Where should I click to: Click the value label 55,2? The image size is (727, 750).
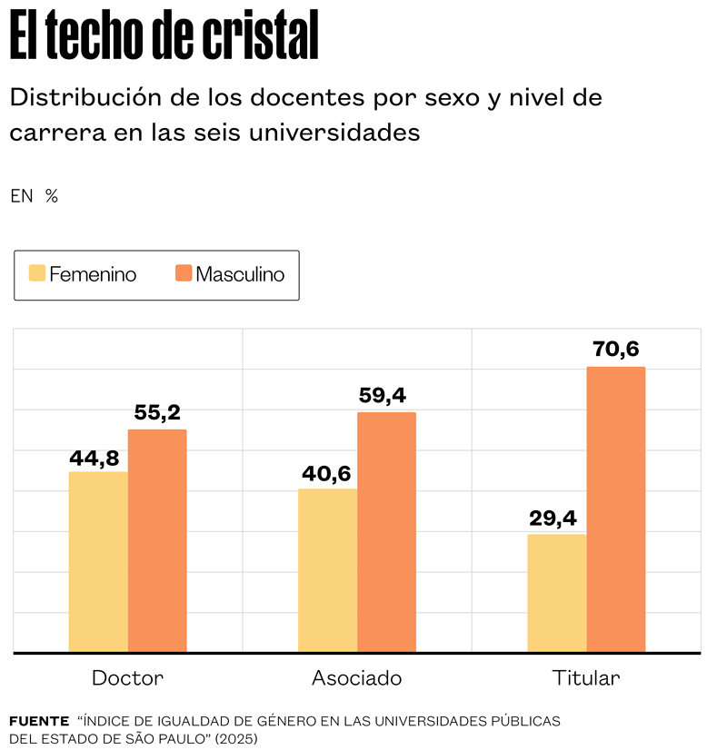[x=158, y=413]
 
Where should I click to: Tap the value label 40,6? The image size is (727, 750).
[x=324, y=474]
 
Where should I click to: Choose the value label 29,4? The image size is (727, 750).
[x=553, y=518]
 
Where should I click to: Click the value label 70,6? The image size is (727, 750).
[x=616, y=350]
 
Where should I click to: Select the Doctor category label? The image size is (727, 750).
[x=127, y=678]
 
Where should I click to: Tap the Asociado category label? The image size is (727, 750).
[x=356, y=678]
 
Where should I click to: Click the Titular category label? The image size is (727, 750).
[x=585, y=678]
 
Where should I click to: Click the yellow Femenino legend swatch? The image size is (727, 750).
[x=37, y=274]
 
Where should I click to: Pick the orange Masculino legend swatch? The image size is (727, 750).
[x=184, y=274]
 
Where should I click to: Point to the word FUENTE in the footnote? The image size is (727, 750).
[x=39, y=721]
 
